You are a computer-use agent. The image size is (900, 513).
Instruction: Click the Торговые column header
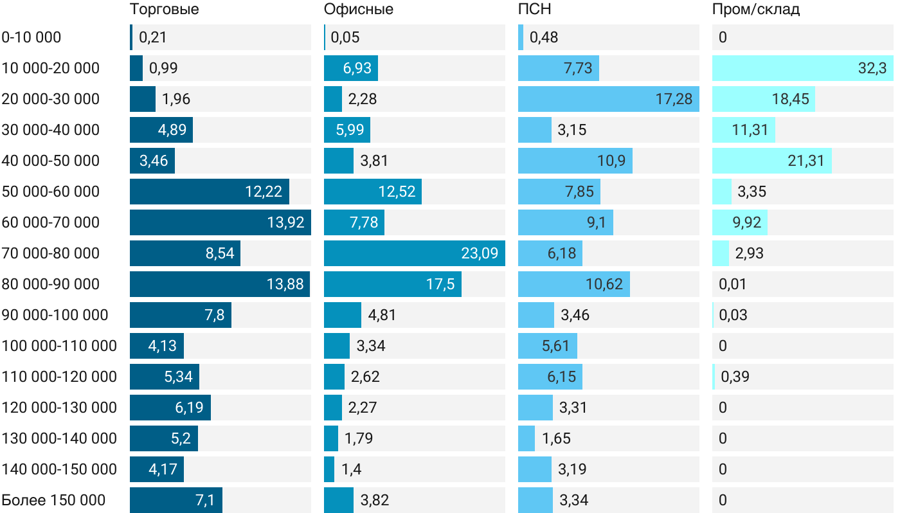(x=164, y=10)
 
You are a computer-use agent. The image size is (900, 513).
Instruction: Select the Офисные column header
(x=359, y=10)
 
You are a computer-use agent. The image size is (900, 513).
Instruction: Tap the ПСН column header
(x=534, y=10)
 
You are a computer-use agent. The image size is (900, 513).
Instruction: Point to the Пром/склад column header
(x=756, y=10)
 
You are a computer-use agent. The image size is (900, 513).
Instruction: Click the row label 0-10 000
(x=32, y=37)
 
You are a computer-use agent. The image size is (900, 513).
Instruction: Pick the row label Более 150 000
(x=53, y=500)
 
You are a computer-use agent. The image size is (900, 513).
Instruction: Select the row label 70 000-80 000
(x=51, y=253)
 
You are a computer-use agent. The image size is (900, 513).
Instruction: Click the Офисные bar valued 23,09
(x=414, y=253)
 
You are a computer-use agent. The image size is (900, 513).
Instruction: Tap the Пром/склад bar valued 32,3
(x=802, y=68)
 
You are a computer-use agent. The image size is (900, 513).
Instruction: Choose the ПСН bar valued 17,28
(x=608, y=99)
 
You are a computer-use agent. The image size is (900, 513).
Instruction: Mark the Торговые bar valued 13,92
(x=220, y=222)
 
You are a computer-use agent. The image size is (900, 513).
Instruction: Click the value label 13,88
(x=285, y=284)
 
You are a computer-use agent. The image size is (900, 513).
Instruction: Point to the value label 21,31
(x=806, y=161)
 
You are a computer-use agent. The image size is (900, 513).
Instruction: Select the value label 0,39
(x=735, y=377)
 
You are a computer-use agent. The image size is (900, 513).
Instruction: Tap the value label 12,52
(x=397, y=192)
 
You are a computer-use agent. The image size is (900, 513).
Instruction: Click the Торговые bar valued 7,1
(x=175, y=500)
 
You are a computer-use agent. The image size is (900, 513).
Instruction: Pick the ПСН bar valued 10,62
(x=573, y=284)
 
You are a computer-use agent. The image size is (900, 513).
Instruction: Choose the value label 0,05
(x=345, y=37)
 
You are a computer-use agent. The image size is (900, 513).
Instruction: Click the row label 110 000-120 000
(x=59, y=377)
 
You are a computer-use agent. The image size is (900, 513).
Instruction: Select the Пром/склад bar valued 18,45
(x=763, y=99)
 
